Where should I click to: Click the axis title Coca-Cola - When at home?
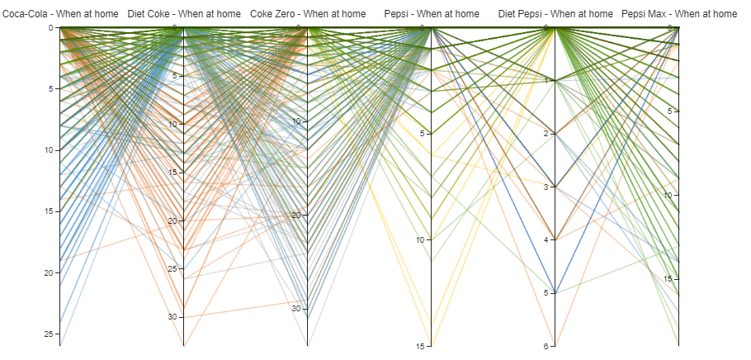click(x=60, y=14)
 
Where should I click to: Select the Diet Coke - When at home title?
click(x=184, y=14)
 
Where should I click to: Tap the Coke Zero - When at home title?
click(x=308, y=14)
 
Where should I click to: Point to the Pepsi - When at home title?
click(x=432, y=14)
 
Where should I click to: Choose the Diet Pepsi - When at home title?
click(x=555, y=14)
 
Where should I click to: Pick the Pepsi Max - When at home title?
click(x=679, y=14)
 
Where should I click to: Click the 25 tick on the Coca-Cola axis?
click(x=51, y=334)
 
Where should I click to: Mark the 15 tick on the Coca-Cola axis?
click(x=51, y=211)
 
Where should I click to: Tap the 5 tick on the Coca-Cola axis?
click(x=53, y=88)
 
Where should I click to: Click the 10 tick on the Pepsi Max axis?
click(x=670, y=195)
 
